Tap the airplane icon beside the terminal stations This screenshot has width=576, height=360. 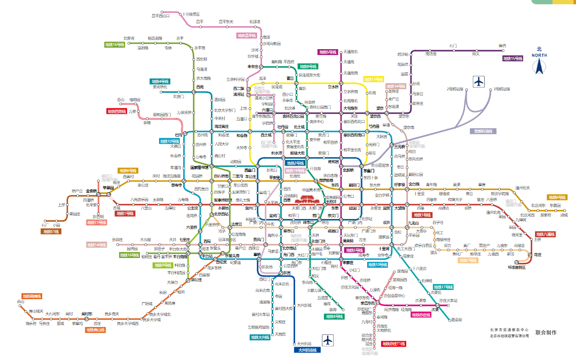click(x=479, y=82)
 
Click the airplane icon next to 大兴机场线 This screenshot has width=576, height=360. click(x=327, y=340)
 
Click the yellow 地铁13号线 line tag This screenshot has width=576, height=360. click(x=373, y=79)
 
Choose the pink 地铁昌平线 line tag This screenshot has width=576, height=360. click(x=247, y=36)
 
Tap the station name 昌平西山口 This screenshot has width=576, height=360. click(x=160, y=15)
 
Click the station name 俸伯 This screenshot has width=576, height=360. click(x=502, y=45)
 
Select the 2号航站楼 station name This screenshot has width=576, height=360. click(x=455, y=89)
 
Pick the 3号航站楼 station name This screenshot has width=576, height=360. click(x=501, y=89)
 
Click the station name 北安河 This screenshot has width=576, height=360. click(x=129, y=38)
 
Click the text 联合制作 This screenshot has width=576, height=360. click(x=546, y=332)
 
